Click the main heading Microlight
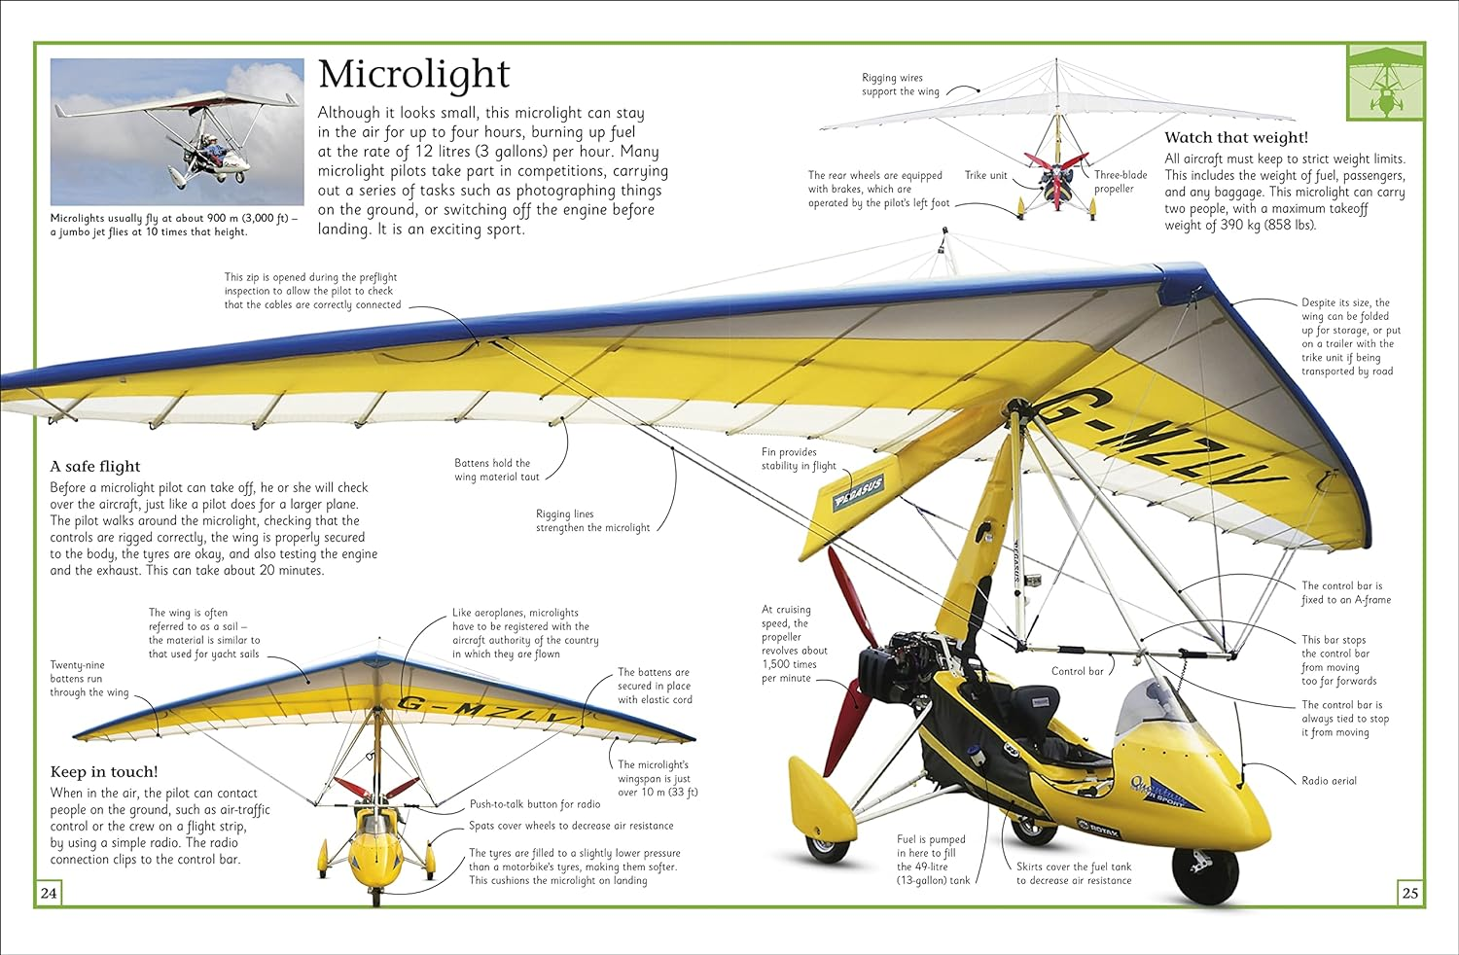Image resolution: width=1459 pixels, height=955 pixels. (413, 75)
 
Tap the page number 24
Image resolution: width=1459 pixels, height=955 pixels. (49, 893)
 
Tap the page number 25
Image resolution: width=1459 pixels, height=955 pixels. (1409, 893)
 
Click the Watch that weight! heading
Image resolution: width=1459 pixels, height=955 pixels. (1235, 138)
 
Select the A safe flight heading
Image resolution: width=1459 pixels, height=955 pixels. (95, 467)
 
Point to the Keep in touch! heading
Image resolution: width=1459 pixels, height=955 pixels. (104, 772)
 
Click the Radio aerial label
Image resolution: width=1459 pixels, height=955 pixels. (1329, 781)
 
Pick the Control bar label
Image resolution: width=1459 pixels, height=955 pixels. (1077, 672)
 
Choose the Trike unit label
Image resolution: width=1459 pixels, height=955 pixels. (985, 176)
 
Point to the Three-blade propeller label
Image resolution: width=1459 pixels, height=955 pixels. (1120, 182)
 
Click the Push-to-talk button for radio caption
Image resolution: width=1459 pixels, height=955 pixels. (535, 805)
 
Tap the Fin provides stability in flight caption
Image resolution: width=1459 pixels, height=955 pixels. (798, 459)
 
